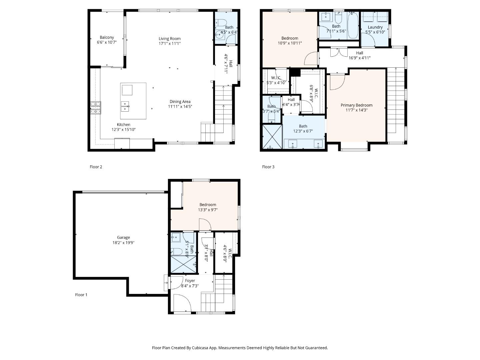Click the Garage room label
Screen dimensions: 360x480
(x=123, y=238)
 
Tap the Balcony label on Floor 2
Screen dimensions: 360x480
(x=107, y=38)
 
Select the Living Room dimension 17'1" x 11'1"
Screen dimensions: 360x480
(x=170, y=43)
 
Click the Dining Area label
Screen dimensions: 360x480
(x=180, y=102)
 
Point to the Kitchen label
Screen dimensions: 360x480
(x=123, y=125)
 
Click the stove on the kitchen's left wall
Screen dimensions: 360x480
(x=95, y=108)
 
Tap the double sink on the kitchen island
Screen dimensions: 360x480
(x=125, y=106)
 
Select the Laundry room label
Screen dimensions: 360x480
(x=375, y=27)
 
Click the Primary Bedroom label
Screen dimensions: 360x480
(x=356, y=105)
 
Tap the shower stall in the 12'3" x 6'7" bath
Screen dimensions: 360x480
(x=272, y=137)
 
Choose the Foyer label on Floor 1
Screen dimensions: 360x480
(x=190, y=281)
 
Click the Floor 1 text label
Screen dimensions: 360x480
(x=81, y=295)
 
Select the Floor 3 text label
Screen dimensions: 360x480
(x=268, y=167)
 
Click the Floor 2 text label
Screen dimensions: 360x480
(x=96, y=167)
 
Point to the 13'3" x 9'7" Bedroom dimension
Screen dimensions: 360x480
(x=208, y=210)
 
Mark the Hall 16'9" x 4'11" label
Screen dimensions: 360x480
(x=359, y=53)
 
